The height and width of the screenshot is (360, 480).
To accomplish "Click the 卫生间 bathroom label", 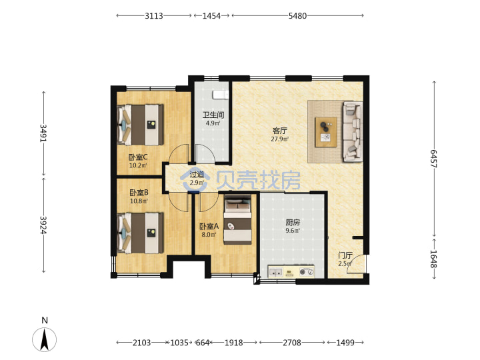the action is point(213,115).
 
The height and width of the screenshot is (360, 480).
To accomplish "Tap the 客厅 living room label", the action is point(280,131).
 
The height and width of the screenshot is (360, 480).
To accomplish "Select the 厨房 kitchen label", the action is point(293,222).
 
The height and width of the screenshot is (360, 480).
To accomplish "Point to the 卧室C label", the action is point(138,157).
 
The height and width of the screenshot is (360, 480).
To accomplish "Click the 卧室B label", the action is point(139,193).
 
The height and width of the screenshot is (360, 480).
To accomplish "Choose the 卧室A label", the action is point(209,227).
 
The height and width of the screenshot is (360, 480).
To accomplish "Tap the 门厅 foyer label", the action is point(345,255).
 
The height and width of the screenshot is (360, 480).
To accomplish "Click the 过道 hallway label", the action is point(197,175).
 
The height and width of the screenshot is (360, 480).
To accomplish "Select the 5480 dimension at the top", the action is point(297,15).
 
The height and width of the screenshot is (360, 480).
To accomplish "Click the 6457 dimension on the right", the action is point(434,159).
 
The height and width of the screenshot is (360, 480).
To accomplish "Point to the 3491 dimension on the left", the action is point(43,133).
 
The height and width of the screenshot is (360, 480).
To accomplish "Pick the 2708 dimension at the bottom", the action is point(292,343).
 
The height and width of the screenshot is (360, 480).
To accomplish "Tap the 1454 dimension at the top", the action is point(211,15).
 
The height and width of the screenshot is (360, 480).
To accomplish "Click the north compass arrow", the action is point(45,339).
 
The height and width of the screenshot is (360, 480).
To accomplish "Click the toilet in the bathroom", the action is point(221,95).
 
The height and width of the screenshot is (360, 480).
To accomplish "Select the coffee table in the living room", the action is point(326,132).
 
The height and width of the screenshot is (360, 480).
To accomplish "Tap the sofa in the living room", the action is point(353,131).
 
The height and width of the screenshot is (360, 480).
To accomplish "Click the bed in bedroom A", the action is point(237,220).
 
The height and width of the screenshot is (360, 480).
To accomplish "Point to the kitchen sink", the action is point(276,272).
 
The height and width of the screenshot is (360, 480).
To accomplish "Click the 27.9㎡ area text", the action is point(280,139).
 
